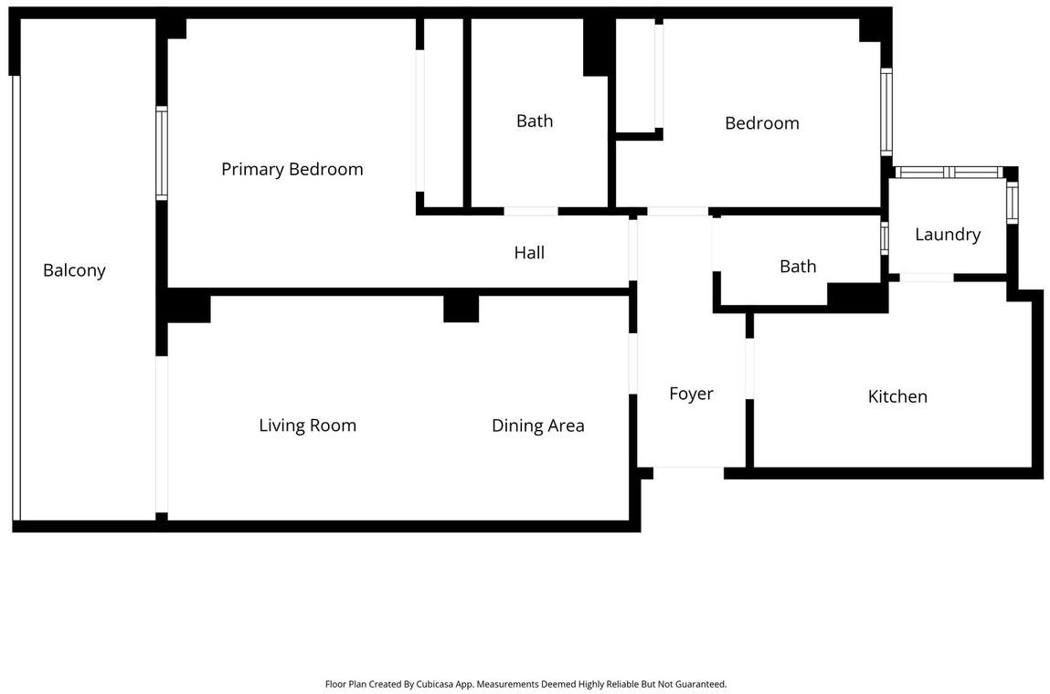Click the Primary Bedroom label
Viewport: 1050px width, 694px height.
tap(292, 169)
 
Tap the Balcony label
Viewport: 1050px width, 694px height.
tap(74, 270)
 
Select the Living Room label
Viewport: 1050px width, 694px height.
tap(307, 426)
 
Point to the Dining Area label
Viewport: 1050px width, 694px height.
tap(537, 426)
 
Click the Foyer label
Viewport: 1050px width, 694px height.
tap(691, 394)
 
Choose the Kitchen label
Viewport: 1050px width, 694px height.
tap(897, 396)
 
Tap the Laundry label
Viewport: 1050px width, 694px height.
tap(948, 235)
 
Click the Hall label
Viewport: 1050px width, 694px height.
tap(529, 252)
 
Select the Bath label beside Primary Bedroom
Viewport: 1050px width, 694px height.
tap(535, 121)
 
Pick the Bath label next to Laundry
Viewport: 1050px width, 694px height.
tap(798, 267)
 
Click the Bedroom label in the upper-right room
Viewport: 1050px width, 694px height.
tap(762, 123)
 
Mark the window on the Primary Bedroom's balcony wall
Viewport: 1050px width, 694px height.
tap(162, 153)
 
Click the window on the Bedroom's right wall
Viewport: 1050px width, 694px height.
tap(886, 111)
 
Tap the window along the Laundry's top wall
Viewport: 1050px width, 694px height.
tap(949, 172)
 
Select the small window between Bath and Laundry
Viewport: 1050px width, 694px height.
tap(884, 238)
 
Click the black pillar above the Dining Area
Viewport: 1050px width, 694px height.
tap(461, 309)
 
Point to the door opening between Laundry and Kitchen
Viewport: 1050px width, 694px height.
tap(926, 277)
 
